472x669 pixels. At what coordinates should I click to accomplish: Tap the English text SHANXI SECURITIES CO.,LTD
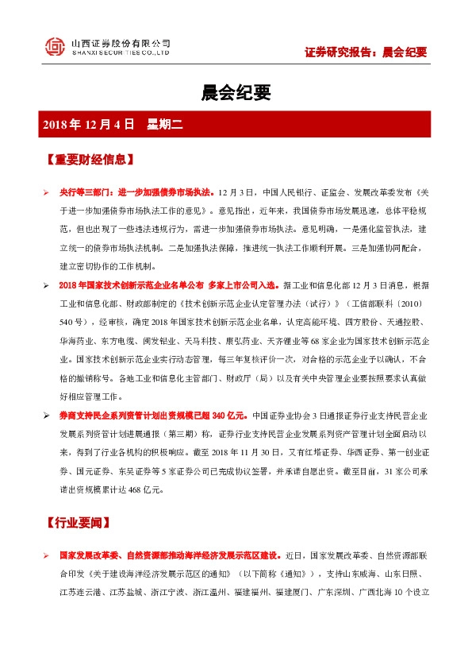click(x=121, y=53)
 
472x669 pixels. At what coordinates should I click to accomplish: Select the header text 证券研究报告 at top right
click(x=341, y=52)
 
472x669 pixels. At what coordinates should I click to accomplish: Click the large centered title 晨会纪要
click(x=236, y=94)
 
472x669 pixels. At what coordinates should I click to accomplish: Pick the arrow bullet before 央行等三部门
click(x=46, y=193)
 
